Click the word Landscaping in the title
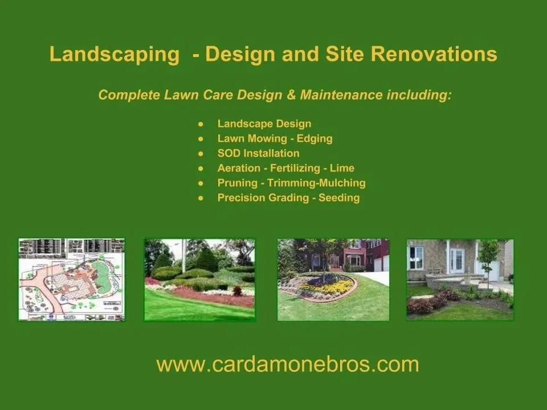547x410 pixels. (x=114, y=55)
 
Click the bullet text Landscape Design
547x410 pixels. (x=264, y=124)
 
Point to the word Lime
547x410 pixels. (x=342, y=168)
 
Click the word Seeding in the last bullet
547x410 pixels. (x=339, y=198)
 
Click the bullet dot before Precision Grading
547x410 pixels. (x=201, y=198)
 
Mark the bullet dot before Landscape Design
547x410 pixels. (x=201, y=124)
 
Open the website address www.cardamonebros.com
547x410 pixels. (x=288, y=364)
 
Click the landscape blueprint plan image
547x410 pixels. (x=71, y=279)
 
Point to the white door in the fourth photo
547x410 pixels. (x=456, y=260)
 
